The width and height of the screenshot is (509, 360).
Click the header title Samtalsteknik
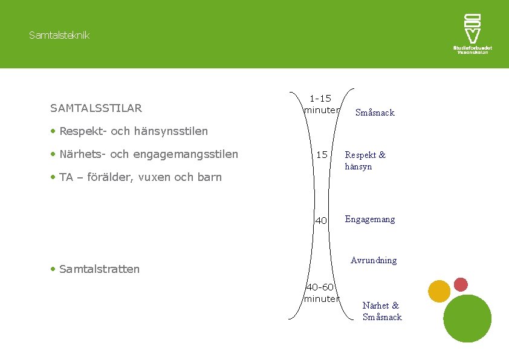point(59,35)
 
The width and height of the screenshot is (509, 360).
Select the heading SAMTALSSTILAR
point(96,108)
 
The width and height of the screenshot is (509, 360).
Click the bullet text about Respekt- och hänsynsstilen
point(134,131)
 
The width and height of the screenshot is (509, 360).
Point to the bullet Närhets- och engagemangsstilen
point(149,154)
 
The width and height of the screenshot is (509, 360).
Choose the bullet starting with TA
point(140,177)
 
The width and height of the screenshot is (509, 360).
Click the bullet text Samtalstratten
point(99,269)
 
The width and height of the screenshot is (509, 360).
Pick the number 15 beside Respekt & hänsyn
point(322,155)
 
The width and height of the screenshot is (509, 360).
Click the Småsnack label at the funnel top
point(375,113)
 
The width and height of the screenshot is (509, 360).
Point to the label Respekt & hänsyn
point(365,160)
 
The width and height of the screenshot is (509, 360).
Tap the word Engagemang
point(370,219)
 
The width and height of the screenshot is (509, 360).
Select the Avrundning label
point(374,260)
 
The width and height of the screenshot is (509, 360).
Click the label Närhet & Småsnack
point(381,311)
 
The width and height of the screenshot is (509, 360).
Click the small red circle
point(461,284)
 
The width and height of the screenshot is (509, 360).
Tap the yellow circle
point(439,292)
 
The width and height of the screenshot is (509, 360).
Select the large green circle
point(467,319)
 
